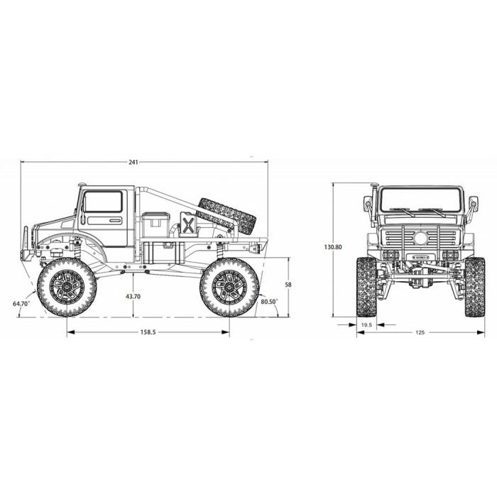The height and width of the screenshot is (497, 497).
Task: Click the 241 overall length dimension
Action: (x=133, y=163)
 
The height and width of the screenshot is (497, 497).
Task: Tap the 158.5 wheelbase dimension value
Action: (x=148, y=332)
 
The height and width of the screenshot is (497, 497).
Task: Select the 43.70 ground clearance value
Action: (x=133, y=297)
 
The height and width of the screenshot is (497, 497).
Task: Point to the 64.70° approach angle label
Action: (x=21, y=303)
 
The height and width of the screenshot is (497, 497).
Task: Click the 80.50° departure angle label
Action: (x=269, y=302)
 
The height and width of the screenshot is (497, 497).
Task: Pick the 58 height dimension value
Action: (x=288, y=285)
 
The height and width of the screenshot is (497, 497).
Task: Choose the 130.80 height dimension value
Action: (x=333, y=247)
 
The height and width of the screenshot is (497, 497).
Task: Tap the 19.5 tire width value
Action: (x=366, y=325)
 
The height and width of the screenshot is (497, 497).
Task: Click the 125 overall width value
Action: (x=420, y=332)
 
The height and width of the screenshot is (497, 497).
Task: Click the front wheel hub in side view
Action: (x=67, y=287)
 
